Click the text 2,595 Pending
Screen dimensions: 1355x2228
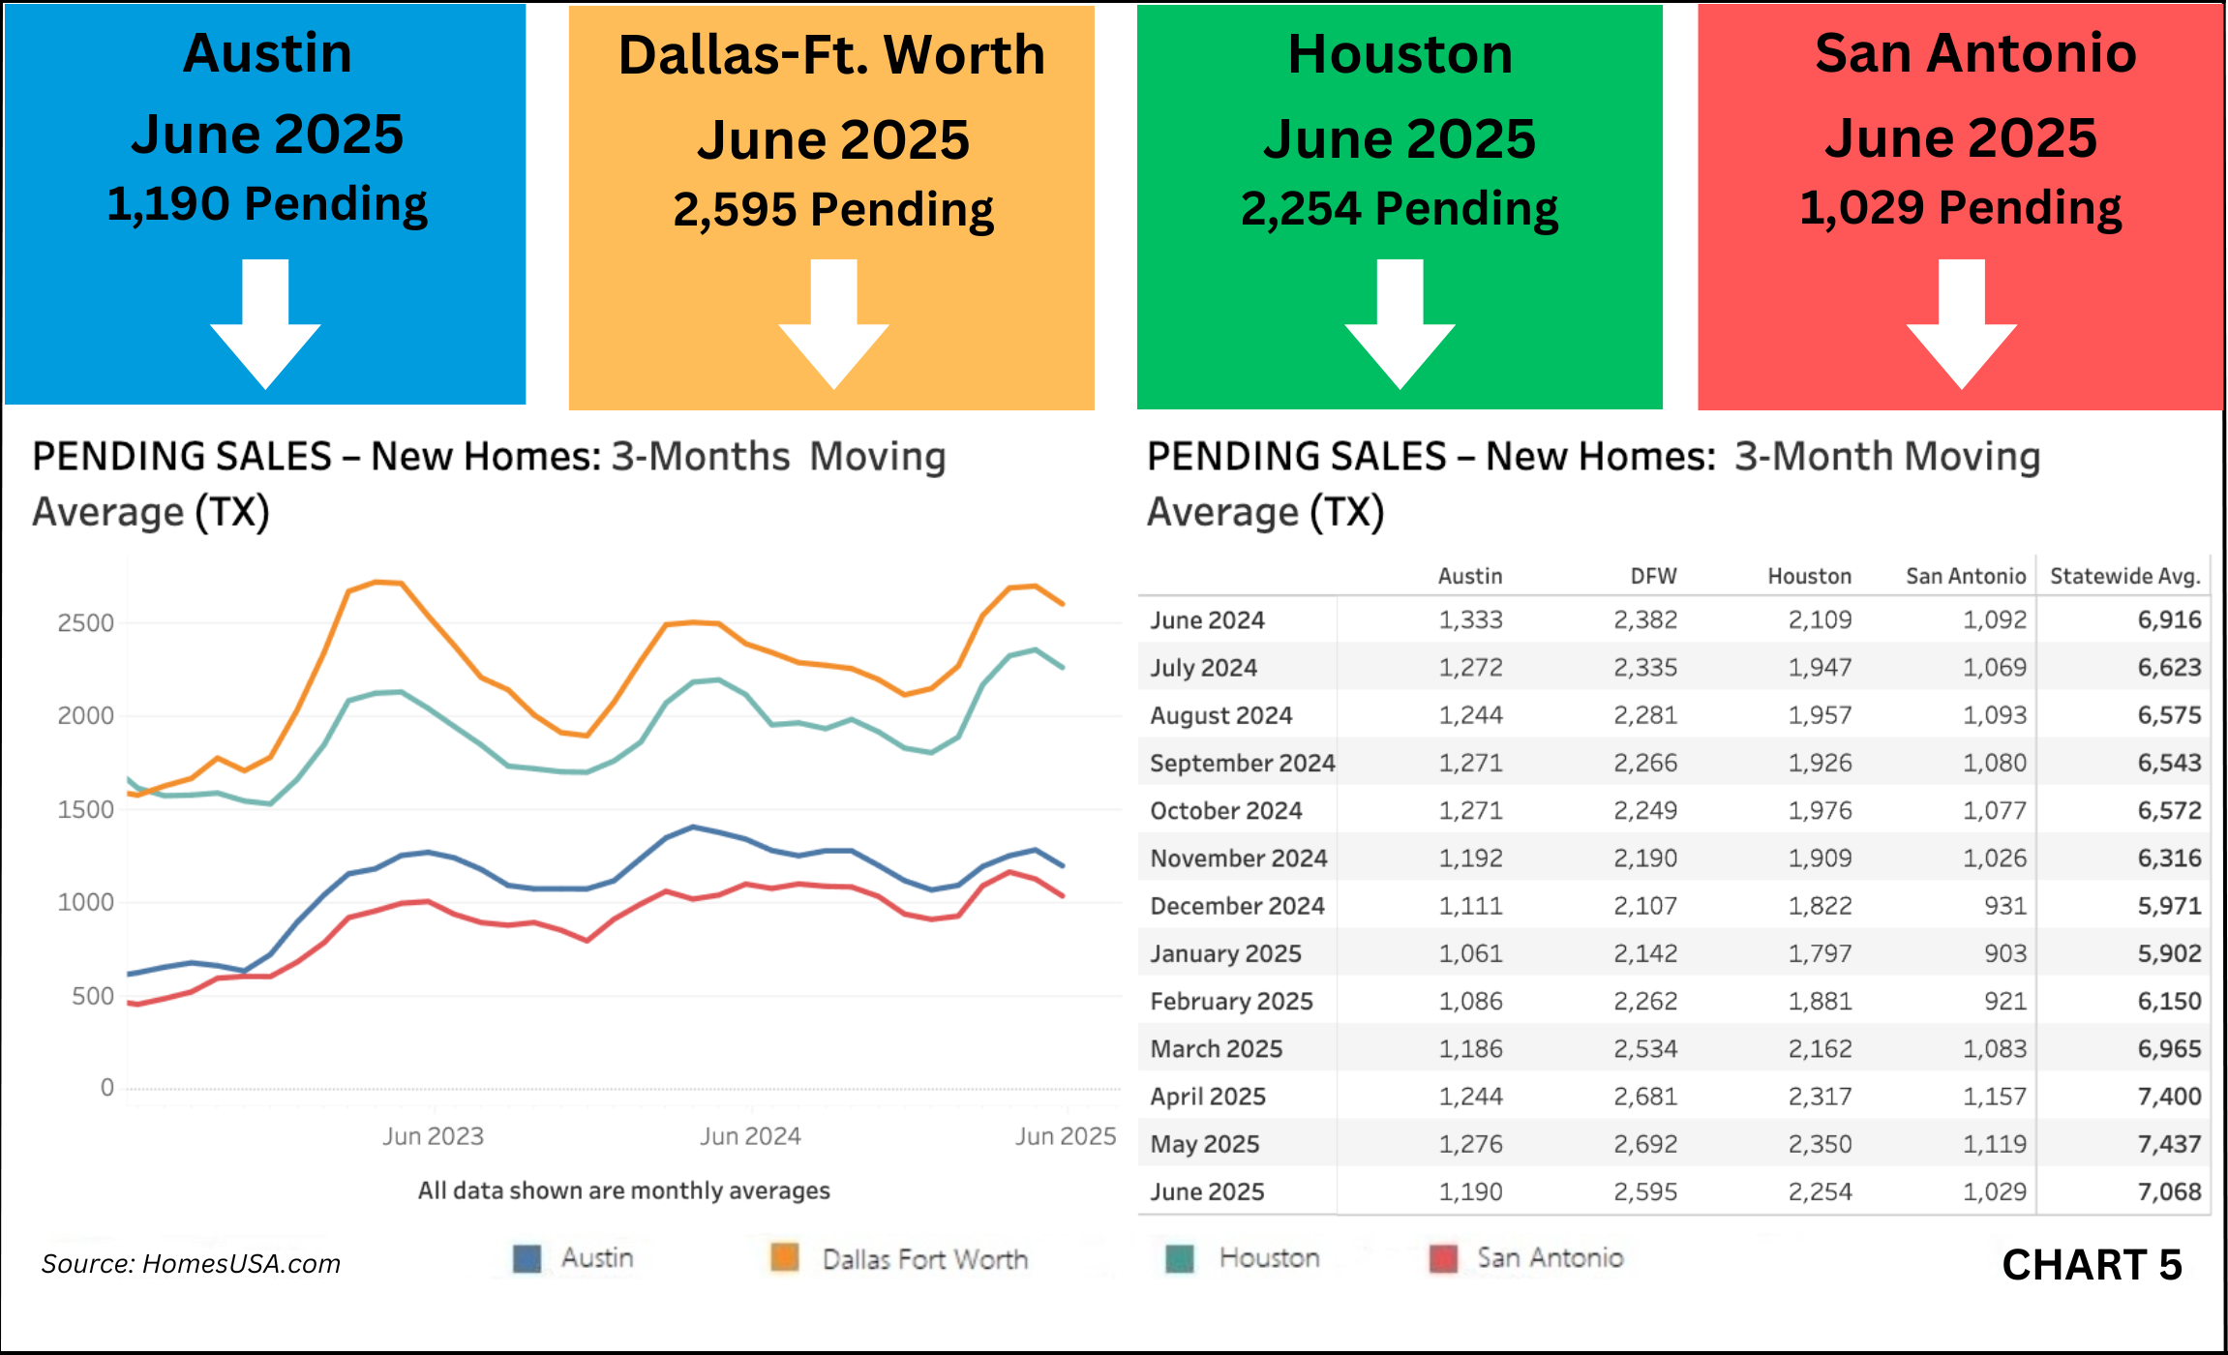pos(833,210)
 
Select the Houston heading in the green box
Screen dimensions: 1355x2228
pos(1400,54)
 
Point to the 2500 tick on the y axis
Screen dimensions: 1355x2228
pos(85,623)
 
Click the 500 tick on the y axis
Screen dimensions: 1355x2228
pos(93,996)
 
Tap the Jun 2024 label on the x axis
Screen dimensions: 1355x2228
pos(750,1136)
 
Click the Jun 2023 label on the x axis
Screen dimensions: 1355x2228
pos(433,1136)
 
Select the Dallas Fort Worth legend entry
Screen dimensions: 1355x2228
pos(924,1259)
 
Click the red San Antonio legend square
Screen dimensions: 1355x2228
pos(1443,1259)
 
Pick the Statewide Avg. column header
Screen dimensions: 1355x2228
pos(2124,577)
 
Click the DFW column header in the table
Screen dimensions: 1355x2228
pos(1653,577)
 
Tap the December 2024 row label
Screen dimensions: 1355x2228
pos(1237,906)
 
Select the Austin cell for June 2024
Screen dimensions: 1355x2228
pos(1470,620)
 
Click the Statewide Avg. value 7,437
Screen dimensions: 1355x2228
pos(2169,1144)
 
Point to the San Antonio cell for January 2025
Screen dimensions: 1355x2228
pos(2004,953)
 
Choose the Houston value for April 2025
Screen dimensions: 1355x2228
pos(1820,1097)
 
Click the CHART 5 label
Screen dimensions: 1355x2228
pos(2092,1265)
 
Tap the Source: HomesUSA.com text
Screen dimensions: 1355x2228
pos(191,1264)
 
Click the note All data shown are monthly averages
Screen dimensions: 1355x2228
pos(623,1190)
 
